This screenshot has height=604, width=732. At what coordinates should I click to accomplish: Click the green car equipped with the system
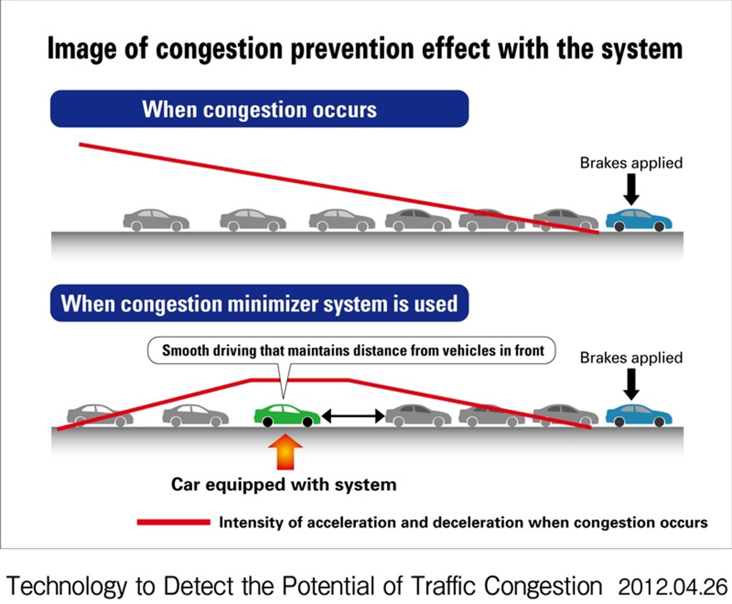coord(287,414)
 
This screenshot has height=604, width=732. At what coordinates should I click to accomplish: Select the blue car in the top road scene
coord(639,220)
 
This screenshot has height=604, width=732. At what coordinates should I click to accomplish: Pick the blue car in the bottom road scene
coord(639,415)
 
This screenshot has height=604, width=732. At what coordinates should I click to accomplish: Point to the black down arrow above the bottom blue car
coord(631,384)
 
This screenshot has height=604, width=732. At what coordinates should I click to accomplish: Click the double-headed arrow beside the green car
coord(353,416)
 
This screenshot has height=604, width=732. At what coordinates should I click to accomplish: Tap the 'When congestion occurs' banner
coord(259,109)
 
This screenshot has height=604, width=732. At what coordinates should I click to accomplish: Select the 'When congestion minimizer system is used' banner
coord(259,304)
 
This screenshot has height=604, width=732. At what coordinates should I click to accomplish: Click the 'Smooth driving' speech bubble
coord(353,350)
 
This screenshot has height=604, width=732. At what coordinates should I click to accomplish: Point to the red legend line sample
coord(173,522)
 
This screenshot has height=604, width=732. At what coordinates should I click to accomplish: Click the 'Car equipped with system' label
coord(284,484)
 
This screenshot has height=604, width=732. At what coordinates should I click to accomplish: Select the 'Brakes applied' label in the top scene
coord(631,163)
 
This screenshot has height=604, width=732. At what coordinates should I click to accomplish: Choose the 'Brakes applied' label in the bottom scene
coord(631,358)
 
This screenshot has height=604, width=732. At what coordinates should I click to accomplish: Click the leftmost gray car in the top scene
coord(156,220)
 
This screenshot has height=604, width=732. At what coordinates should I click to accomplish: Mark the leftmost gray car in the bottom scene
coord(100,415)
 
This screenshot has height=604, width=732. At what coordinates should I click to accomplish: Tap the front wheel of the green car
coord(308,422)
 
